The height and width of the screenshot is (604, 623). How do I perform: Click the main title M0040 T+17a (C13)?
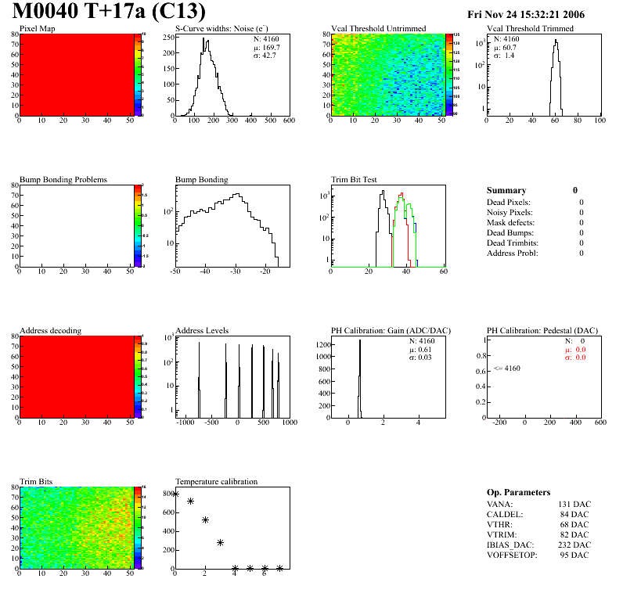pos(109,13)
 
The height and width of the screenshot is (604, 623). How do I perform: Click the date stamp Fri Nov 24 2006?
pos(525,15)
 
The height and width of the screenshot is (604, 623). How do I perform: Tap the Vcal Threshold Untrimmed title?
pos(379,29)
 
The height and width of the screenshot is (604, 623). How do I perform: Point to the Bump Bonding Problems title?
pos(63,180)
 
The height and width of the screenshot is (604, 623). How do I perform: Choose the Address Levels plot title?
pos(202,331)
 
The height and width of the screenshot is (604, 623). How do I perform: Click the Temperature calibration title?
pos(216,482)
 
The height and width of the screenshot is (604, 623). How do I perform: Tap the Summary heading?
pos(506,190)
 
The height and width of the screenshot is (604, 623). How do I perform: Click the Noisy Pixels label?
pos(510,213)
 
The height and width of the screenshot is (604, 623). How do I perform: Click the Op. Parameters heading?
pos(518,492)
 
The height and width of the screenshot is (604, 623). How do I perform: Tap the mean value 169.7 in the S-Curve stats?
pos(270,48)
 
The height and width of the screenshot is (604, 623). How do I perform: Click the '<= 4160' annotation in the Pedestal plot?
pos(506,368)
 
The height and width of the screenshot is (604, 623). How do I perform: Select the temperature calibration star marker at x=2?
pos(205,520)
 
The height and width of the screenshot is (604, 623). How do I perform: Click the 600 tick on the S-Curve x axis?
pos(289,120)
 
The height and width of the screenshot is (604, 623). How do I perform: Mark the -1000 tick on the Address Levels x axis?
pos(185,422)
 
